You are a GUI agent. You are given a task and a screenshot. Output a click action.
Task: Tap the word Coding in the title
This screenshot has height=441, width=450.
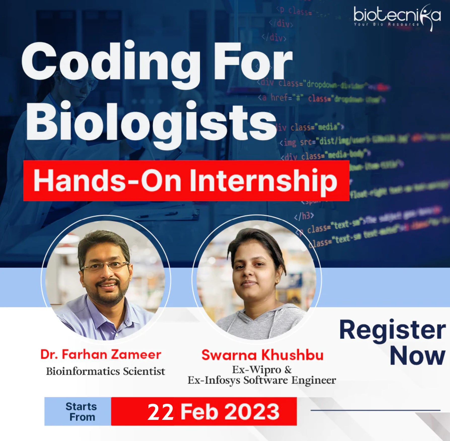[x=111, y=64]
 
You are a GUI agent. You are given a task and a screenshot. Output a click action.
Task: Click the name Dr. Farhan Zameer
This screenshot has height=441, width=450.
[x=101, y=355]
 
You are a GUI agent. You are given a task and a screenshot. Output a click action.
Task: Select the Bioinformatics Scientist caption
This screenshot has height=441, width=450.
[x=106, y=371]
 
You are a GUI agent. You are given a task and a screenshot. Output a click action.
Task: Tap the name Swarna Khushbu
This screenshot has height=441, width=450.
[x=262, y=355]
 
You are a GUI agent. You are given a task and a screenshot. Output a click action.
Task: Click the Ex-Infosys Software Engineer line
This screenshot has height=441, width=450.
[x=262, y=380]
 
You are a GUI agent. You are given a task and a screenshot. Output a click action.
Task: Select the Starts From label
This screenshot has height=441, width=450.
[x=81, y=412]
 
